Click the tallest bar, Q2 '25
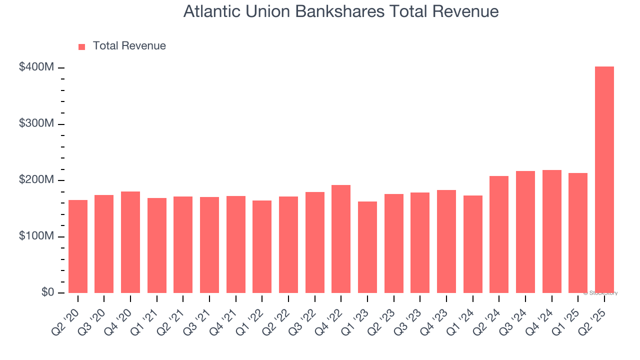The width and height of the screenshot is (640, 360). point(604,180)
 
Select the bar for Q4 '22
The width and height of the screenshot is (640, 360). point(341,239)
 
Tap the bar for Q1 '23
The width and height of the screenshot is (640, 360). point(367,247)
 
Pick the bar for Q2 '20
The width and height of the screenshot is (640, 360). point(78,246)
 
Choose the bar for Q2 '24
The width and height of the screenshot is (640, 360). point(499,234)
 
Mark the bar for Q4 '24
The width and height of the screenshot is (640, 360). point(551,231)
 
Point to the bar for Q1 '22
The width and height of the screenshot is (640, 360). point(262,247)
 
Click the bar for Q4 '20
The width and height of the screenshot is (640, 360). point(130,242)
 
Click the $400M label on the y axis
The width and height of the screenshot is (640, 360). point(36,67)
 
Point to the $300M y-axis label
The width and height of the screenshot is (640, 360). point(36,123)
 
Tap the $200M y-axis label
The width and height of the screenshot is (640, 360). point(36,180)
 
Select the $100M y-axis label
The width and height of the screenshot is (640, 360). point(36,236)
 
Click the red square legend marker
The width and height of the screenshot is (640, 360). point(82,47)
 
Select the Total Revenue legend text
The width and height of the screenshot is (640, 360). point(129,46)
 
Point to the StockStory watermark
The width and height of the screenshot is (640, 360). point(600,293)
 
